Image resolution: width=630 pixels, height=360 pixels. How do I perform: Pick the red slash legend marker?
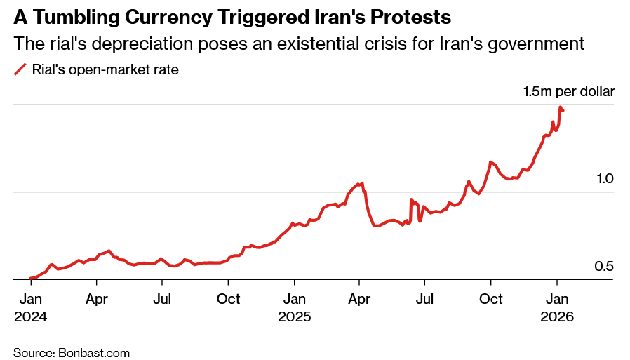(20, 69)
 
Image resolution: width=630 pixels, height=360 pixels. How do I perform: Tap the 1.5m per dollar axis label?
(568, 91)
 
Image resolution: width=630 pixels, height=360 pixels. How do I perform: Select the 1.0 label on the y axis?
(605, 179)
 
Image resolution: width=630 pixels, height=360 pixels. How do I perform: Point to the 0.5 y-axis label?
(605, 267)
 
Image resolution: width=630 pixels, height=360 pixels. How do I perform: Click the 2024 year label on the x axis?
(30, 316)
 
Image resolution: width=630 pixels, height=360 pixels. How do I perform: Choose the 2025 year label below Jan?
(294, 316)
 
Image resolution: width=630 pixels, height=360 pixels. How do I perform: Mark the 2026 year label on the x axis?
(557, 316)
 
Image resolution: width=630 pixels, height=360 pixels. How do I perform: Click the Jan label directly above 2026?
(557, 299)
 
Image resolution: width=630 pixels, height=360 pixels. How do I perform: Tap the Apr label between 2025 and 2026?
(359, 299)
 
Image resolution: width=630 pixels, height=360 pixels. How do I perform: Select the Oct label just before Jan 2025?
(228, 299)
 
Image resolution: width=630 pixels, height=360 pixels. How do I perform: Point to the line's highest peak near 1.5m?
(560, 107)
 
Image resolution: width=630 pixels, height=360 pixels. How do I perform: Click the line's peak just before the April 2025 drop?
(362, 183)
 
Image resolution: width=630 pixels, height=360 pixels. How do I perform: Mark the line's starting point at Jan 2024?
(30, 279)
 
